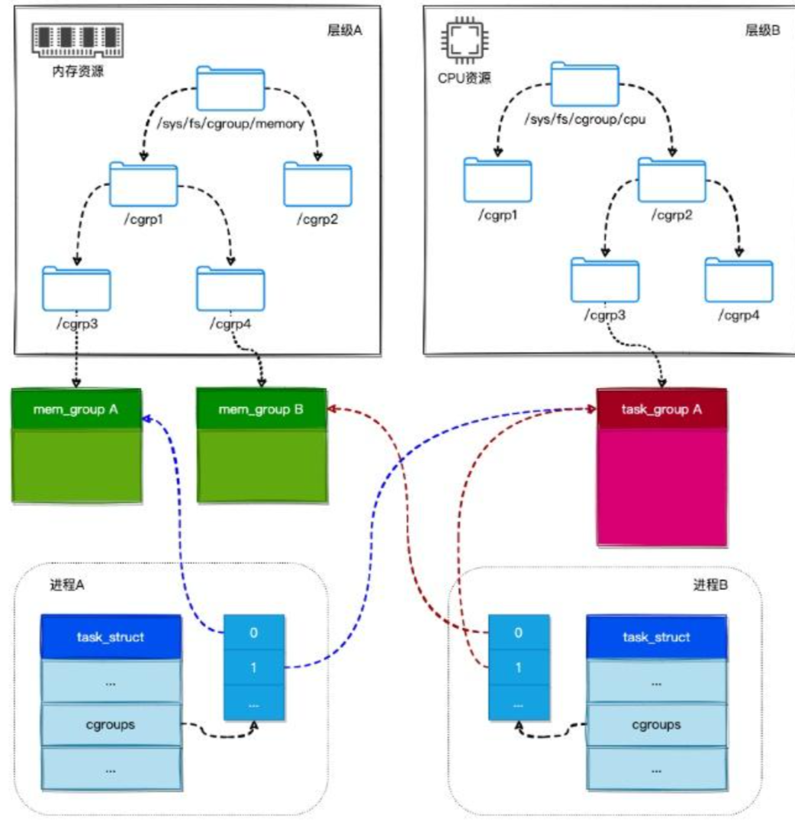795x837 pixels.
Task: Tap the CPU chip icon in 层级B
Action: [x=456, y=40]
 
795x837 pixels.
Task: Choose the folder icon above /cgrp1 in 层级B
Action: [x=497, y=180]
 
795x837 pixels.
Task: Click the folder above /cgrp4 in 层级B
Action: [x=739, y=280]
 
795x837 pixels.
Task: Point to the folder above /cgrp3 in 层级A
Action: [x=76, y=287]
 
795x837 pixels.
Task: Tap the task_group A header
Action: [x=662, y=409]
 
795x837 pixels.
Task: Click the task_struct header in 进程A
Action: [x=111, y=637]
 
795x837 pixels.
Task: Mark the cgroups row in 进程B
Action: [x=657, y=724]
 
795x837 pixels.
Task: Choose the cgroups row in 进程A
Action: [x=111, y=724]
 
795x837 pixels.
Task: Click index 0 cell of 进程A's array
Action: [x=254, y=633]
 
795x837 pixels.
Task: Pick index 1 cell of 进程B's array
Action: [x=518, y=668]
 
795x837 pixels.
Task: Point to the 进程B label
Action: [x=710, y=585]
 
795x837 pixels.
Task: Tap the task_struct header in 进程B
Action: [x=657, y=637]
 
